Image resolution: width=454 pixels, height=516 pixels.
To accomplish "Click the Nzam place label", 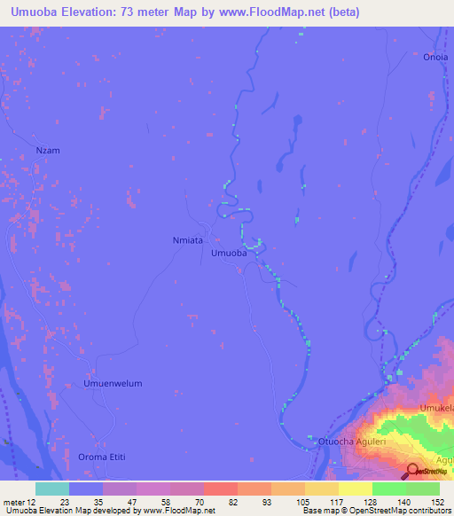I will (x=48, y=151).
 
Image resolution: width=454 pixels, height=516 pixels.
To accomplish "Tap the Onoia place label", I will (x=434, y=56).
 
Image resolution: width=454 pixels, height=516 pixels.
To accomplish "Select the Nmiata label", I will (x=187, y=240).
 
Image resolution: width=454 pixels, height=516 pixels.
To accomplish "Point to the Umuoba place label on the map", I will (x=229, y=254).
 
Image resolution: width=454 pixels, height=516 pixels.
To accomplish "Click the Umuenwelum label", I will (x=113, y=384).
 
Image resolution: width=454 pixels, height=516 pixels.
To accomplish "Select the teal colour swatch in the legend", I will (x=51, y=489).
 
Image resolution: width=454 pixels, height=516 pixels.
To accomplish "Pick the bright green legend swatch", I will (x=389, y=489).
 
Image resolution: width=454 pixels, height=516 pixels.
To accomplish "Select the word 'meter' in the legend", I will (x=15, y=502).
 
